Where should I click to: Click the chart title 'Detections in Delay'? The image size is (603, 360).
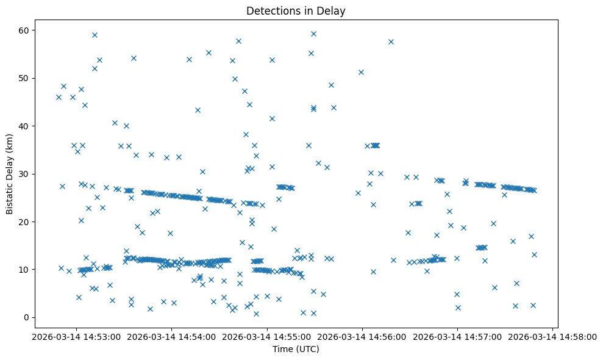tap(296, 10)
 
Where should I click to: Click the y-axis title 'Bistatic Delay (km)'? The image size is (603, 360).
tap(10, 174)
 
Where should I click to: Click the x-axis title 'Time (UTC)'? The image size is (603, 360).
tap(296, 350)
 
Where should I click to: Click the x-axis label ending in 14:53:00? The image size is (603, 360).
tap(76, 336)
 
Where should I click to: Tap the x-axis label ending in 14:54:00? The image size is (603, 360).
tap(171, 336)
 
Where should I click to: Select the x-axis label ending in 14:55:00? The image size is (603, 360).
tap(267, 336)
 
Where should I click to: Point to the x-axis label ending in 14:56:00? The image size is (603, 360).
tap(362, 336)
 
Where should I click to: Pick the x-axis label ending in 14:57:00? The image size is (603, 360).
tap(457, 336)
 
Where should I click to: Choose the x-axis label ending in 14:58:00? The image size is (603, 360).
tap(552, 336)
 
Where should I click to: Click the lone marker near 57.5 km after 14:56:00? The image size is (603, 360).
tap(391, 41)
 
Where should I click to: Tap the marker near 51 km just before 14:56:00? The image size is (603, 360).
tap(361, 72)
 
